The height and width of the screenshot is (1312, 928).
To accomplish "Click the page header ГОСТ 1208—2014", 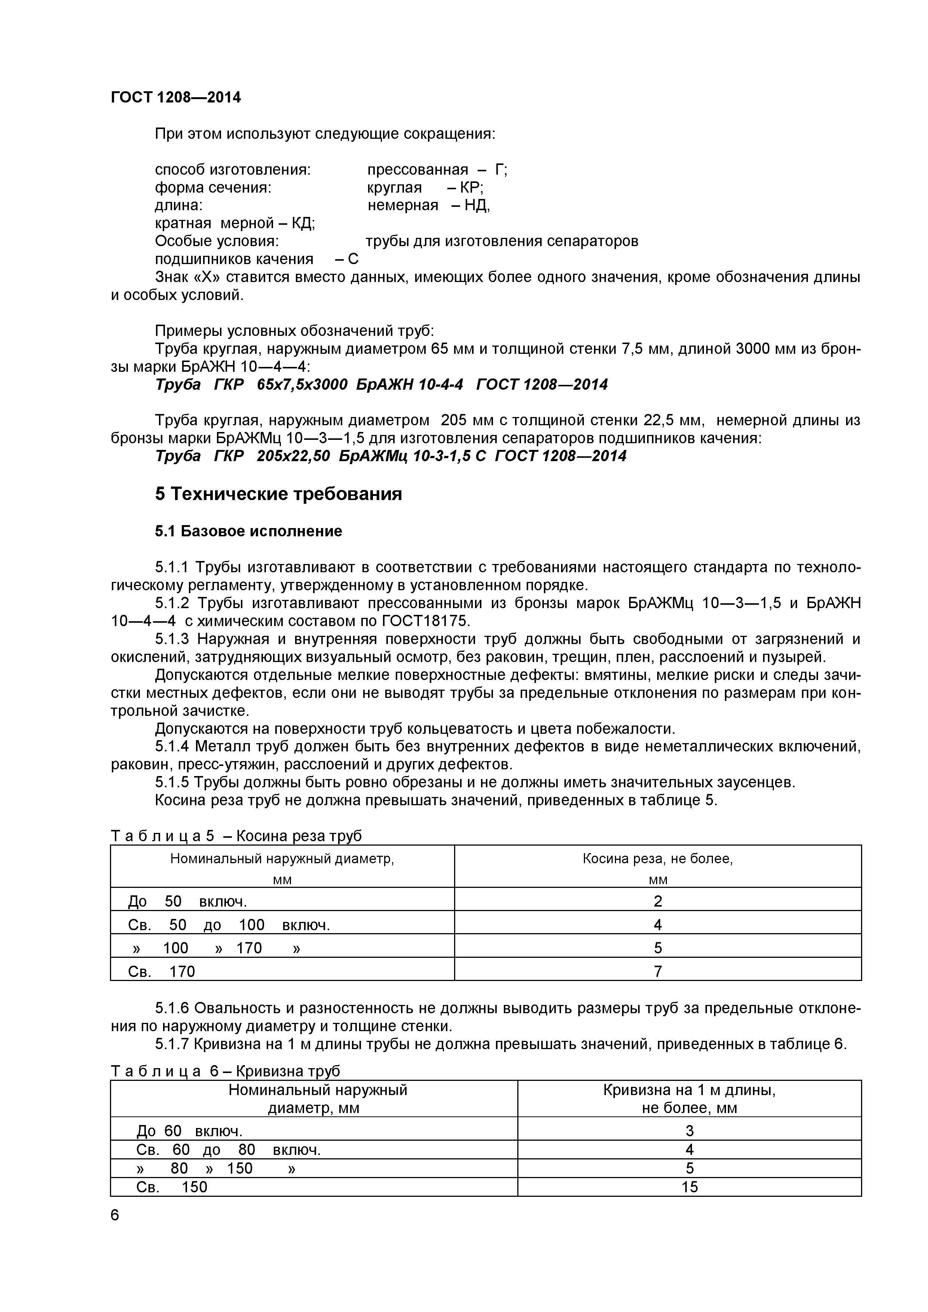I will click(175, 98).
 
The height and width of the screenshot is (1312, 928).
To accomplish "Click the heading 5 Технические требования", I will click(278, 494).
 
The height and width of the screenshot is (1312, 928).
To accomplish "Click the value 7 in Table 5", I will click(658, 971).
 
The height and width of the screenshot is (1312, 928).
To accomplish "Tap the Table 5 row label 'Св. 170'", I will click(162, 971).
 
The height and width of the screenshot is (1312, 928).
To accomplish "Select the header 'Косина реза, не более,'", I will click(658, 859).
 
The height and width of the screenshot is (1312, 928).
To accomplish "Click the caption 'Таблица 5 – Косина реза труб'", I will click(236, 836).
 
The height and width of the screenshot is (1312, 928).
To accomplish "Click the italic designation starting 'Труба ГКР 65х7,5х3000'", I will click(381, 384).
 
